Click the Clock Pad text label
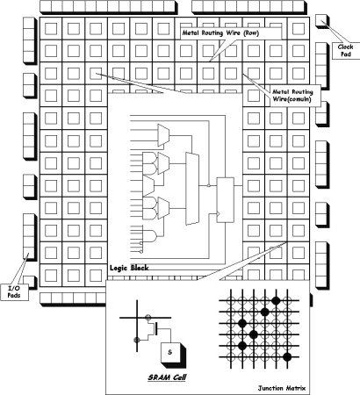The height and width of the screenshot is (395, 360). [345, 50]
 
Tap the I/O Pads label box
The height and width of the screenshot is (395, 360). [14, 291]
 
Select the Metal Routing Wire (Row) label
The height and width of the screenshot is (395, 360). [220, 33]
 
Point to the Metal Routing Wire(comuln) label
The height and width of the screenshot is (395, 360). [292, 96]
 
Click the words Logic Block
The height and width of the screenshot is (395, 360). [129, 268]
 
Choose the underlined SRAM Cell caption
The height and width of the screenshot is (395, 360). [167, 377]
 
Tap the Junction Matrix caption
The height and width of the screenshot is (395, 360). [282, 388]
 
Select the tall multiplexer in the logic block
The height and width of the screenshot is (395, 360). [192, 189]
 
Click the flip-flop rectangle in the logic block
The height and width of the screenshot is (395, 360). [225, 200]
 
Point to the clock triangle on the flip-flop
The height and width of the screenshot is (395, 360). [219, 214]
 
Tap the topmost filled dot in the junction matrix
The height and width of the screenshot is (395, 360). [276, 300]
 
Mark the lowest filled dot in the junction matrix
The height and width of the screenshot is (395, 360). [287, 356]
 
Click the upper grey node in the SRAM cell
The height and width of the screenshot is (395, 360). [148, 317]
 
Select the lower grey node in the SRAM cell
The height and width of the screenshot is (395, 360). [136, 340]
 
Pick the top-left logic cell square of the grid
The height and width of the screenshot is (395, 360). [51, 29]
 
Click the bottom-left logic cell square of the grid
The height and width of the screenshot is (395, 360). [51, 276]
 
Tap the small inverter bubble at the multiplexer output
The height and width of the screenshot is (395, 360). [208, 185]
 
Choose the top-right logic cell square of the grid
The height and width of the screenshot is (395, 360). [299, 29]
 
